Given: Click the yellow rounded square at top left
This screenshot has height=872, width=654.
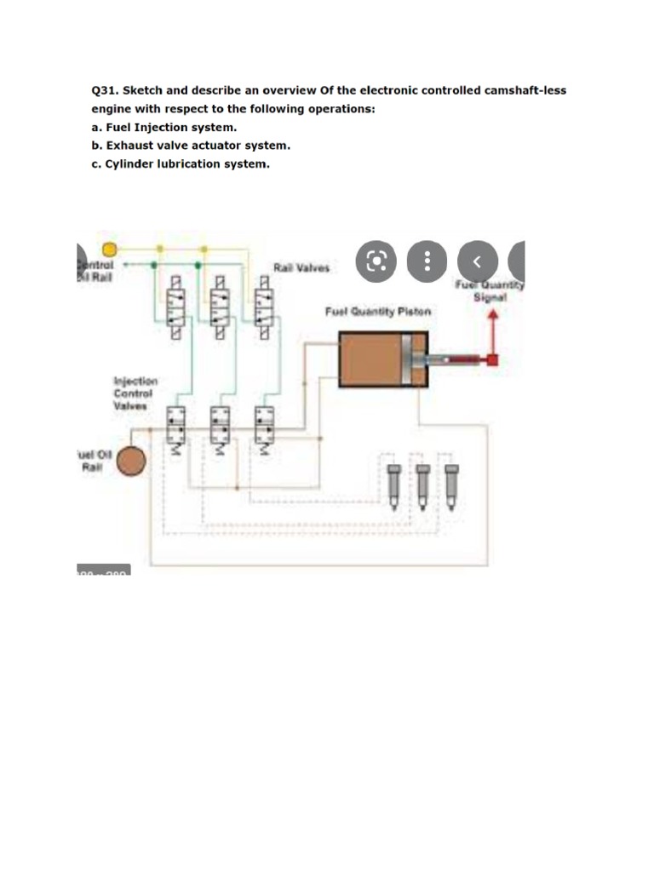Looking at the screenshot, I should tap(109, 249).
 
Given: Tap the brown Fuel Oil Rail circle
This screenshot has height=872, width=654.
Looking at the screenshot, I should tap(131, 462).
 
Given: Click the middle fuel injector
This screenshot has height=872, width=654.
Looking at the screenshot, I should tap(422, 482).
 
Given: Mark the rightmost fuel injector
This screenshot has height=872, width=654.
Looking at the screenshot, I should tap(450, 482).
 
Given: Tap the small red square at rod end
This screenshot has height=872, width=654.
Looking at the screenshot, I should tap(491, 360).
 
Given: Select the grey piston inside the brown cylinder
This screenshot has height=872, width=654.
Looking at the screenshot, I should tap(413, 360).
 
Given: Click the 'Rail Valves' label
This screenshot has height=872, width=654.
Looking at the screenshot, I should tap(301, 268).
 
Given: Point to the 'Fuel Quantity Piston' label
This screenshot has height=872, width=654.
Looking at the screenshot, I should tap(377, 313).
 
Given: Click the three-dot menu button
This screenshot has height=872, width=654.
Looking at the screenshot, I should tap(427, 261).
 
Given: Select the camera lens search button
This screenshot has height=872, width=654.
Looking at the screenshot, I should tap(377, 261).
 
